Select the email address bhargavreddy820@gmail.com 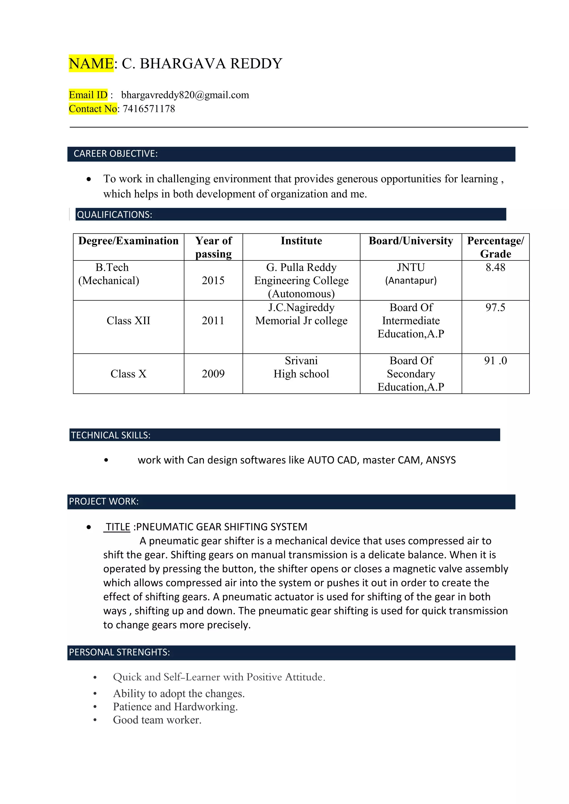(x=185, y=95)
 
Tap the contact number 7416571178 (x=149, y=109)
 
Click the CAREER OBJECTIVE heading (x=116, y=154)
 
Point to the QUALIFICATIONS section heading (x=114, y=215)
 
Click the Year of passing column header (x=213, y=247)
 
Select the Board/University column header (x=411, y=241)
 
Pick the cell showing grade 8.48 (x=495, y=268)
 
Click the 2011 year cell (x=213, y=320)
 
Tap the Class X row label (x=128, y=374)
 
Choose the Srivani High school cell (x=301, y=367)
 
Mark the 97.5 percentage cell (x=495, y=307)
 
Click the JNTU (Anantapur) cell (x=411, y=274)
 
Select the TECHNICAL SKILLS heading (x=111, y=435)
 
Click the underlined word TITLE (x=118, y=527)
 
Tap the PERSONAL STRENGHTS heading (x=119, y=652)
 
